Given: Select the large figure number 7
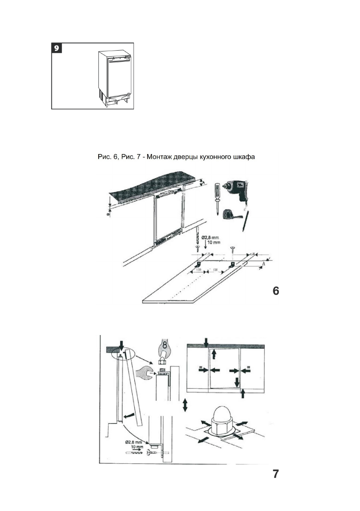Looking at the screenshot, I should (276, 474).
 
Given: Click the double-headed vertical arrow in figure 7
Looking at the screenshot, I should (185, 404).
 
